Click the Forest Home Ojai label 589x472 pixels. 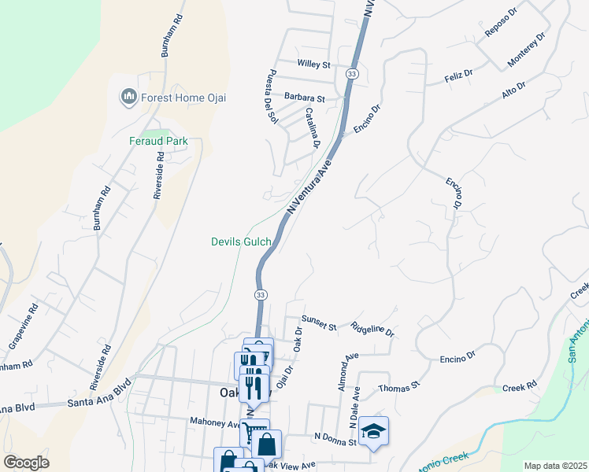pyautogui.click(x=183, y=98)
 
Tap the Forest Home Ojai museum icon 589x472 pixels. pyautogui.click(x=128, y=98)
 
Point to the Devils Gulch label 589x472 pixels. pyautogui.click(x=241, y=242)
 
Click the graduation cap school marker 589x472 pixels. pyautogui.click(x=374, y=432)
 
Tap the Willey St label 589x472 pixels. pyautogui.click(x=313, y=64)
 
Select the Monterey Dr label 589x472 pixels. pyautogui.click(x=526, y=49)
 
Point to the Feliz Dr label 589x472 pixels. pyautogui.click(x=457, y=73)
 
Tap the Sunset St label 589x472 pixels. pyautogui.click(x=320, y=326)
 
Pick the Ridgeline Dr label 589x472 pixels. pyautogui.click(x=372, y=330)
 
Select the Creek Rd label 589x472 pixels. pyautogui.click(x=519, y=387)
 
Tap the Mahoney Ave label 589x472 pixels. pyautogui.click(x=215, y=422)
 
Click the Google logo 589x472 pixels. pyautogui.click(x=26, y=463)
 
